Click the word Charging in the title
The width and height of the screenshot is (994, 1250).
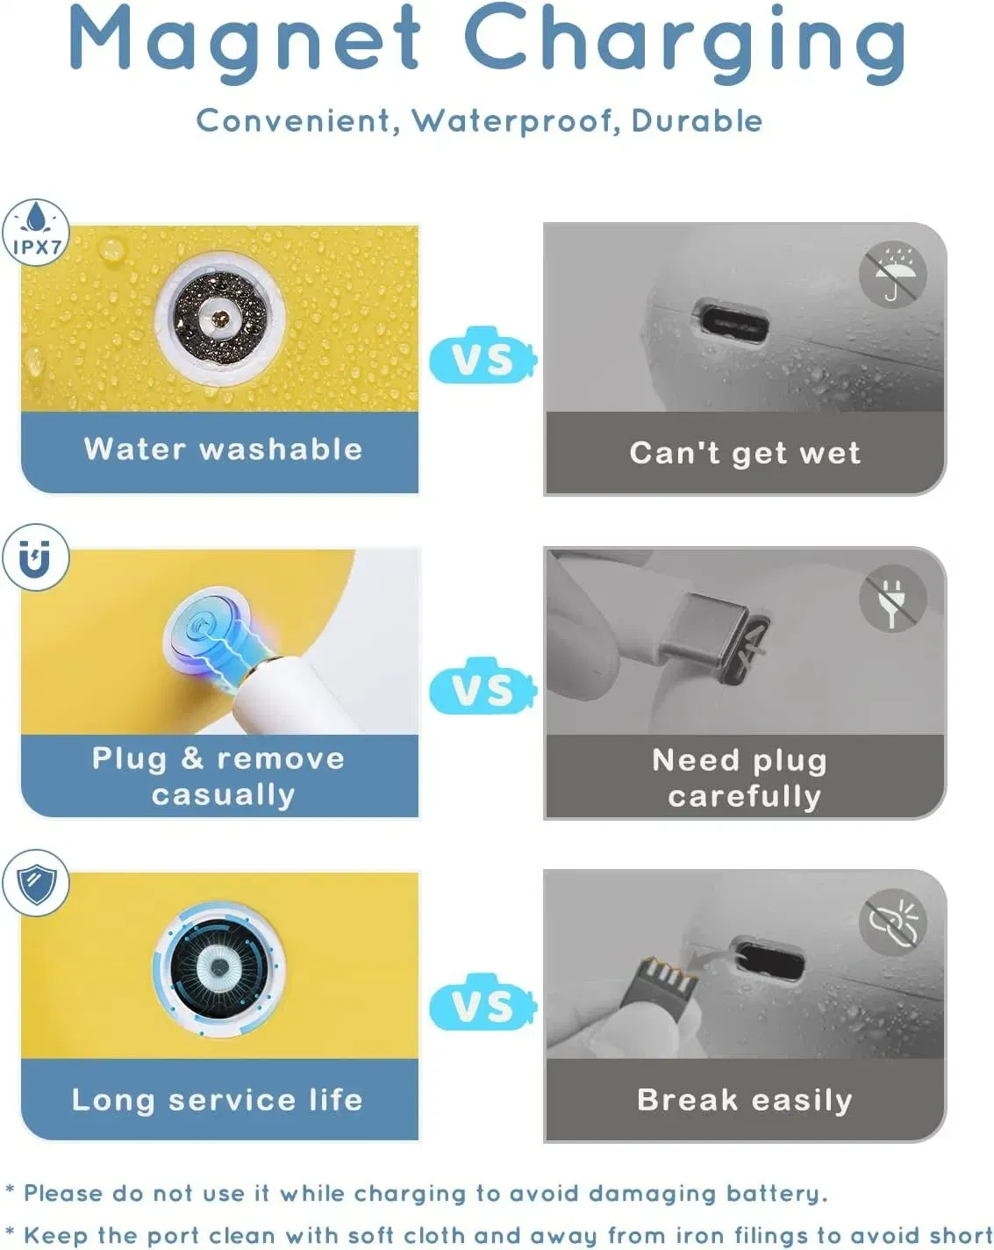pos(685,43)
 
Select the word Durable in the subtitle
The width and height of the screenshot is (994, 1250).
pos(697,120)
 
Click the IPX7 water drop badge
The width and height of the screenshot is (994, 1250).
pos(36,233)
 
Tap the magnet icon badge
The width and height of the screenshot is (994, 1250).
pos(36,557)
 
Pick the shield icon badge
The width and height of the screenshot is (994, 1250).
pos(36,883)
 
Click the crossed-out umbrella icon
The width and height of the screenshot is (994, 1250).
pos(893,274)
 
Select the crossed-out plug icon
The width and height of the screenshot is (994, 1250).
pos(893,599)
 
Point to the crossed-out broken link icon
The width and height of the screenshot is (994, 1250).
pos(893,922)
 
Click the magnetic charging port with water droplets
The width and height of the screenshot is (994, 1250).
pos(220,319)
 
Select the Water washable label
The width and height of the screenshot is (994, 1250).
pos(224,449)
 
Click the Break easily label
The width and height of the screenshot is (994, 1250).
pos(745,1100)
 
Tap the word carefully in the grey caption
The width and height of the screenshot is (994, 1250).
pos(745,796)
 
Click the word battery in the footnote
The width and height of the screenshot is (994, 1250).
pos(776,1194)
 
